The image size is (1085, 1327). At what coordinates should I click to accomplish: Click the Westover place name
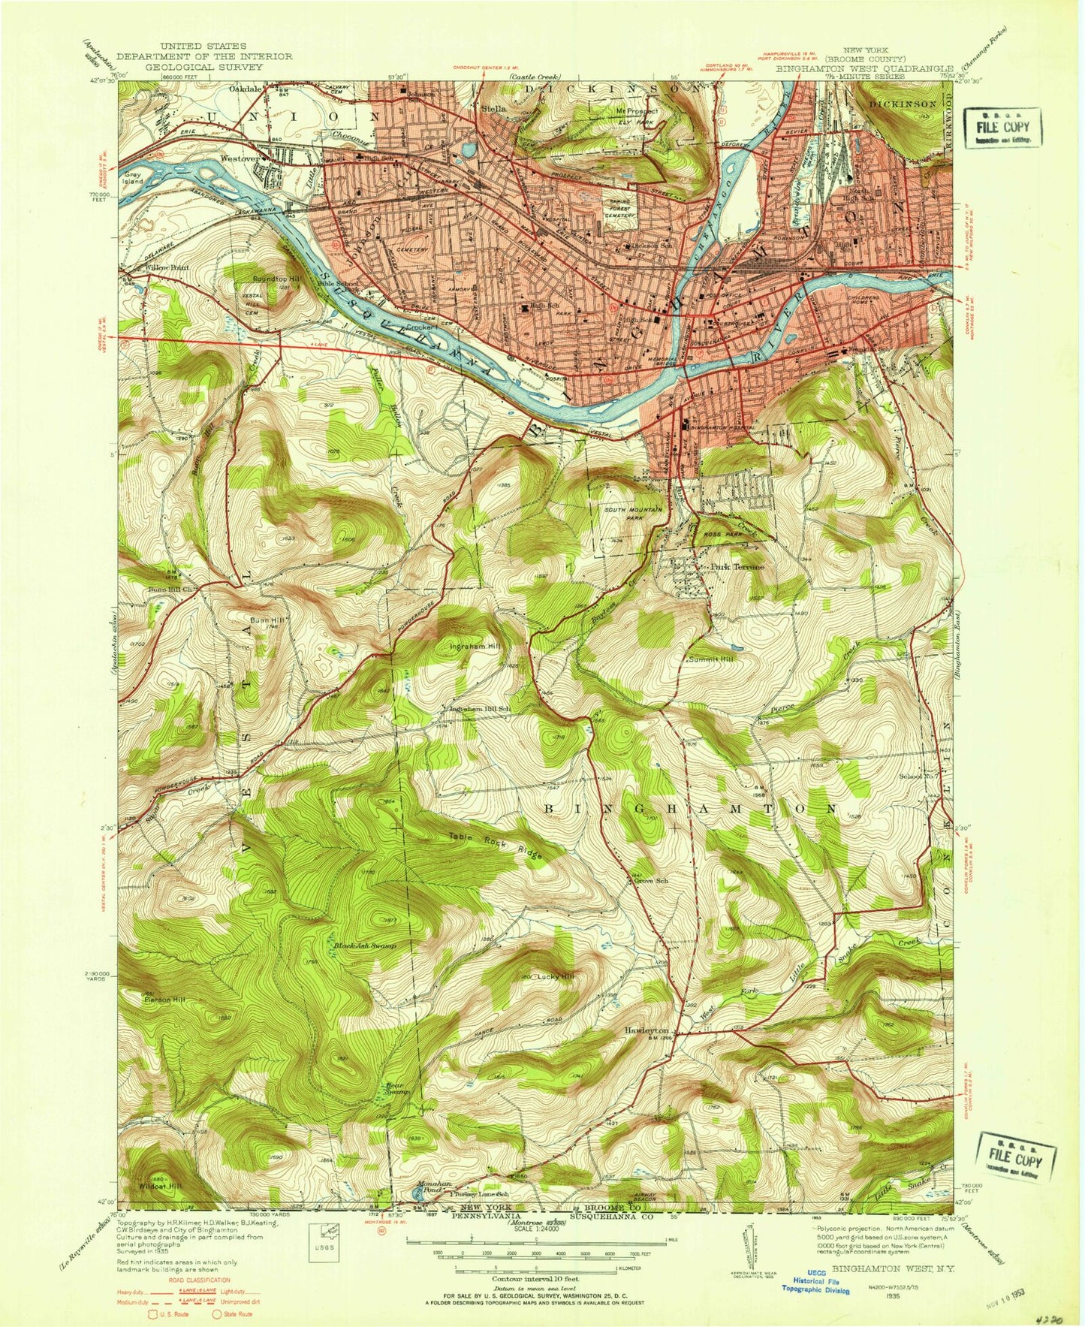click(240, 158)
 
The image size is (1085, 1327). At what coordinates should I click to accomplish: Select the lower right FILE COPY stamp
click(1016, 1155)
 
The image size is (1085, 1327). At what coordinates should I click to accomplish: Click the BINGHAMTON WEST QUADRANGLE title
click(864, 68)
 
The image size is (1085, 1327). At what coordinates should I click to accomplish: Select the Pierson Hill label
click(162, 1000)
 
